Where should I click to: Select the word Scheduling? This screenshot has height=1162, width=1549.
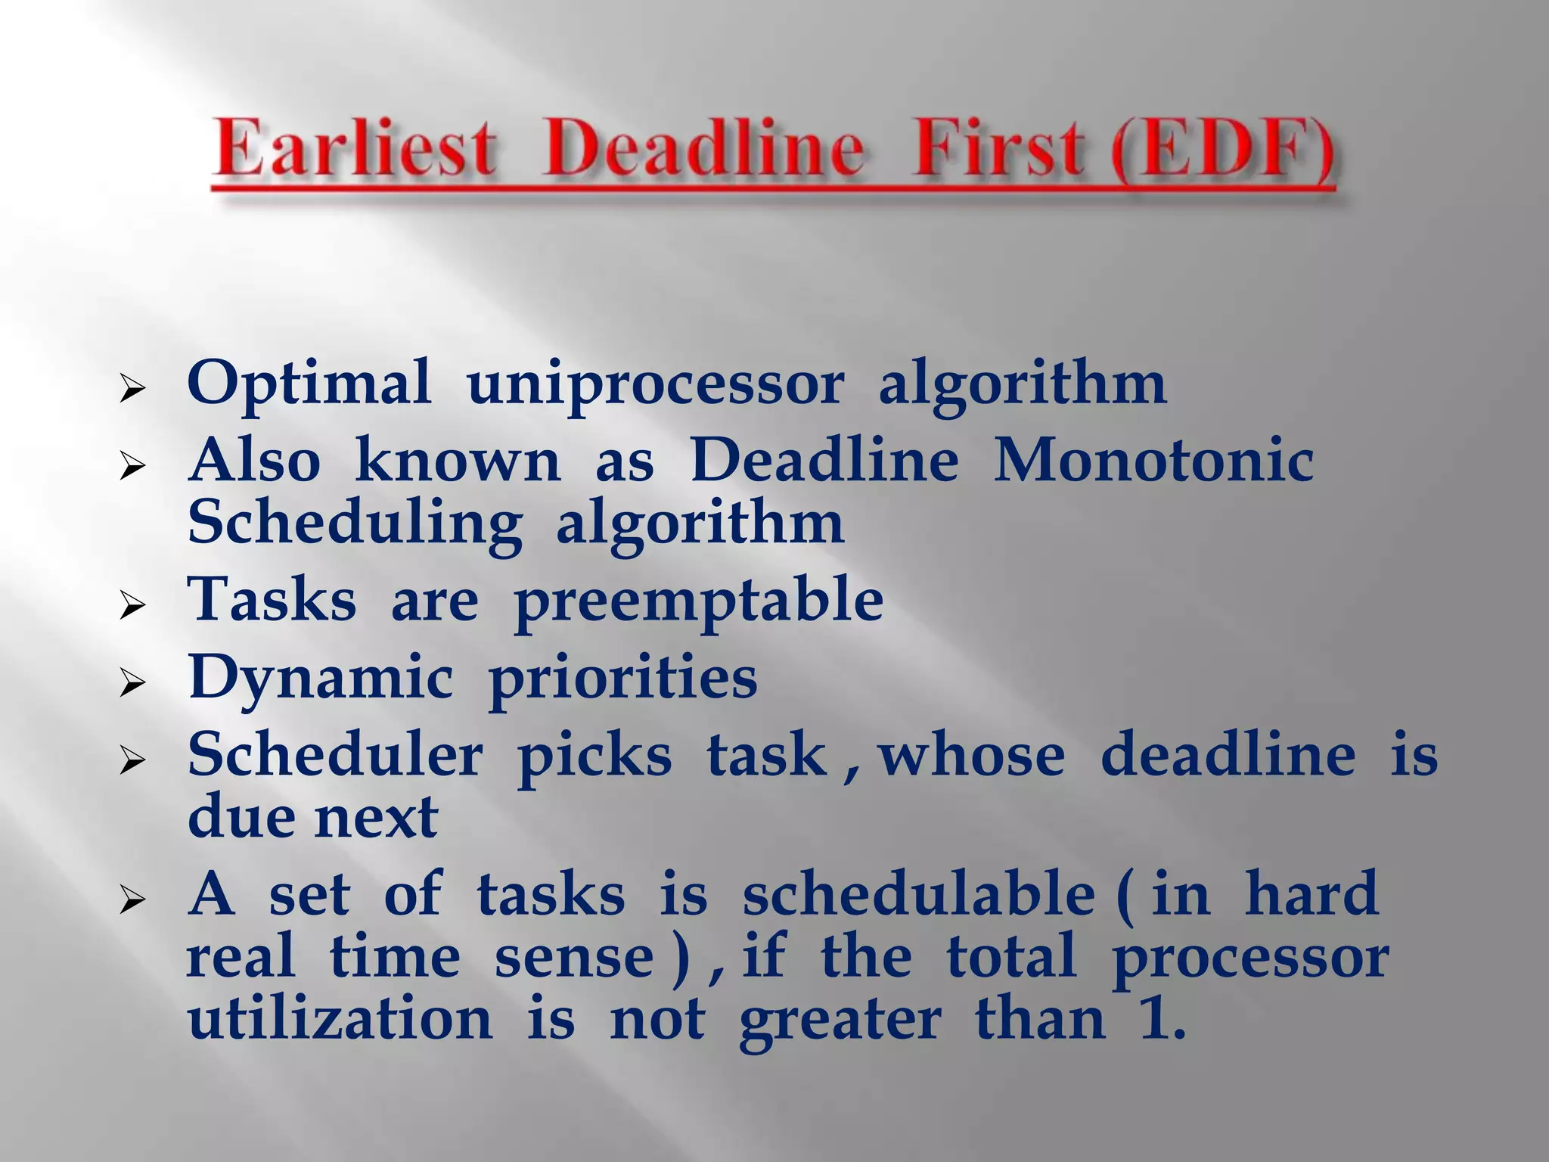pyautogui.click(x=355, y=524)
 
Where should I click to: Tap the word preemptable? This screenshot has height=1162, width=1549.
pyautogui.click(x=698, y=602)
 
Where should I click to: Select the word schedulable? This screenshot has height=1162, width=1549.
pyautogui.click(x=917, y=894)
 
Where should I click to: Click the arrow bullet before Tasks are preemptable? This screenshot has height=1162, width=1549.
pyautogui.click(x=132, y=605)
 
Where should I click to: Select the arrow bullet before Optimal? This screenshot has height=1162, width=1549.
pyautogui.click(x=132, y=390)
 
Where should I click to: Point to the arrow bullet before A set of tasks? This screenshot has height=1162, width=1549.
pyautogui.click(x=132, y=899)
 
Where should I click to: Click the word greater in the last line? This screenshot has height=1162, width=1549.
pyautogui.click(x=840, y=1021)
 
